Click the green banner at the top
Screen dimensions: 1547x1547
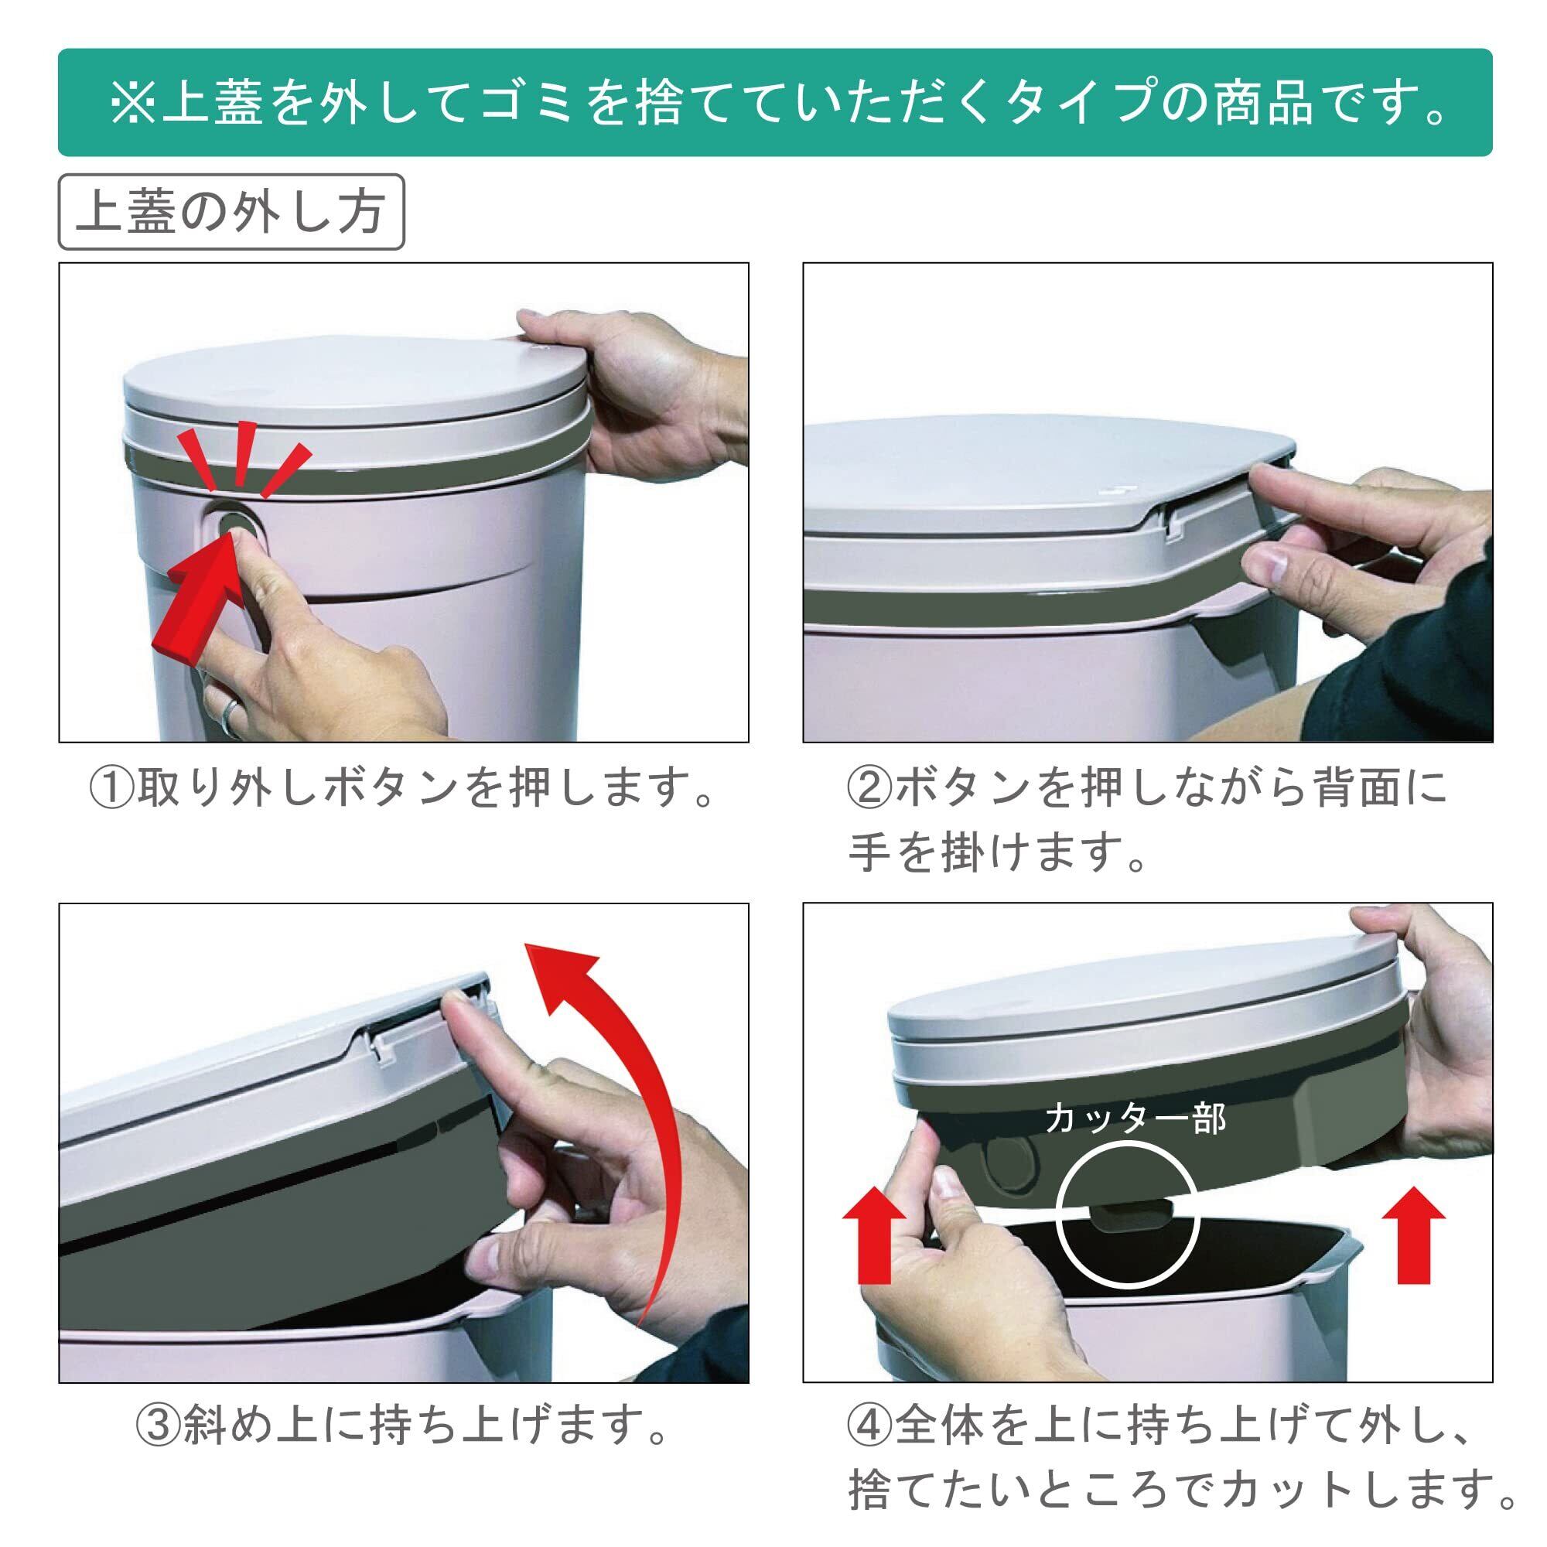coord(775,103)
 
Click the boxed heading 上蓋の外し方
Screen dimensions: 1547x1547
coord(231,212)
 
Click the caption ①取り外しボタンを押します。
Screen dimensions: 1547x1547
coord(403,789)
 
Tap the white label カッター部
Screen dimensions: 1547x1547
coord(1135,1118)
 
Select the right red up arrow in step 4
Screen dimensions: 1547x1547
coord(1413,1246)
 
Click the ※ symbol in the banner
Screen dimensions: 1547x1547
coord(132,103)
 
